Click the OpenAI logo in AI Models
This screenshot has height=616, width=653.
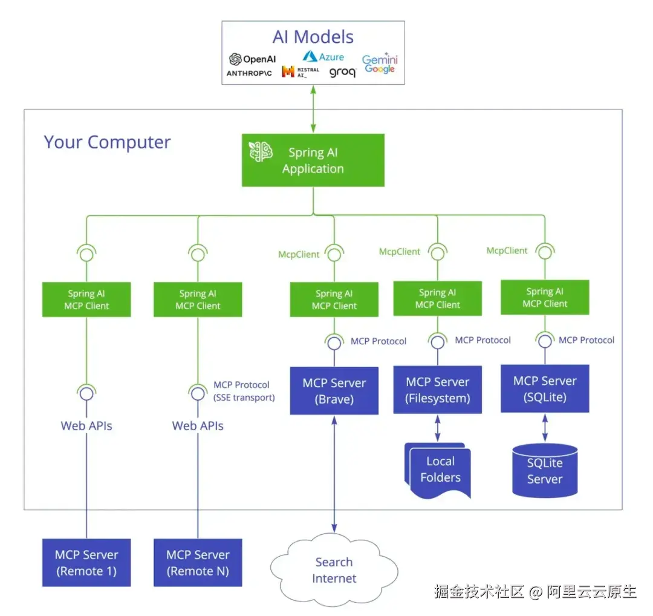[x=252, y=59]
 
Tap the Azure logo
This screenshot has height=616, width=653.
[x=323, y=57]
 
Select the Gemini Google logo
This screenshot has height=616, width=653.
[x=380, y=64]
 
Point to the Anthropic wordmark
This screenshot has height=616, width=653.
[x=249, y=73]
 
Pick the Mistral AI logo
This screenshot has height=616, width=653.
[x=301, y=72]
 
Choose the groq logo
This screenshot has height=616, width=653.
[x=342, y=73]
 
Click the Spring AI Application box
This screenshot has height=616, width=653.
[x=313, y=160]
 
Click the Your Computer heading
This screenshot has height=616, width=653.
[x=107, y=143]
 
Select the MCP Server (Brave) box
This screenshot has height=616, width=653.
[x=334, y=391]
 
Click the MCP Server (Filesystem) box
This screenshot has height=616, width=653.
[x=437, y=390]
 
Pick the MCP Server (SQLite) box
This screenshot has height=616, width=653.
[x=544, y=388]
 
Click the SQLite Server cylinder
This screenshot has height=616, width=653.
[x=544, y=471]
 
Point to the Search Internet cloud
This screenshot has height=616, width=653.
[x=334, y=570]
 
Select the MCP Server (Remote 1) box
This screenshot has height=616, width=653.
[x=86, y=563]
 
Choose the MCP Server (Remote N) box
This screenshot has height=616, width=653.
[x=198, y=563]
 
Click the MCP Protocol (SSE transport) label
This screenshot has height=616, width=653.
[x=244, y=392]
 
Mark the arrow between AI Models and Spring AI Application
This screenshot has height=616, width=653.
[x=313, y=109]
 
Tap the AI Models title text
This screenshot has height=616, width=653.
[x=313, y=37]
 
